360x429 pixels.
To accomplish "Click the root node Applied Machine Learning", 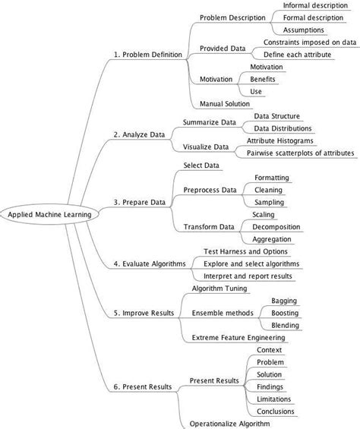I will (x=49, y=214).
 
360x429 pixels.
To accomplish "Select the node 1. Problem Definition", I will (x=147, y=55).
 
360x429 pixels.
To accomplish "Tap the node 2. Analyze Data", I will (x=139, y=134).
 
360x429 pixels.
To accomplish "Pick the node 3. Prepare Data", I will (x=139, y=202).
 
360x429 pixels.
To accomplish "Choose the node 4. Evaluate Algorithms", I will (x=149, y=263).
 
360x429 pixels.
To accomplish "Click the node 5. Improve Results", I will (x=144, y=313).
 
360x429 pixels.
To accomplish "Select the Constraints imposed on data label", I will (x=310, y=43).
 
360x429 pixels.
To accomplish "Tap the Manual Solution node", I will (x=225, y=103).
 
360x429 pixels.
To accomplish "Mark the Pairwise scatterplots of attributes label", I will (x=300, y=153).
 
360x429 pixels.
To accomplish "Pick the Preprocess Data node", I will (x=210, y=190).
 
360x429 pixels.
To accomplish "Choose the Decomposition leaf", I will (x=276, y=226).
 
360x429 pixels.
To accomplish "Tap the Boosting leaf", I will (x=284, y=313).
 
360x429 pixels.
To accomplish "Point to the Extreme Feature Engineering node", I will (x=238, y=337).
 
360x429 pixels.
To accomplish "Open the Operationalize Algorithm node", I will (x=228, y=424).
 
